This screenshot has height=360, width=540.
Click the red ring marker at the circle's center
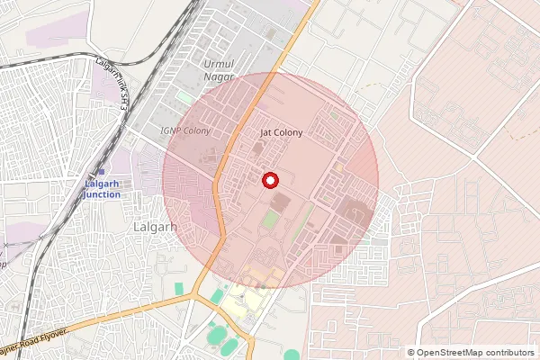tap(269, 180)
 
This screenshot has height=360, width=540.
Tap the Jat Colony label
tap(281, 132)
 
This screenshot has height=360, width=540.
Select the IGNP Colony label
tap(184, 131)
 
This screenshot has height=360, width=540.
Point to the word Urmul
tap(218, 66)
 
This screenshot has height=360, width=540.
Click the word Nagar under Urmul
tap(219, 77)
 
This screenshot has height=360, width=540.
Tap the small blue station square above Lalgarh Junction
tap(101, 171)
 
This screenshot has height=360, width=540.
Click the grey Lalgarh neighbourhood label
tap(154, 228)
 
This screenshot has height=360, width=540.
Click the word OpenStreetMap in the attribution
tap(452, 353)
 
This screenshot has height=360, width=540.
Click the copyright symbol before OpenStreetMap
tap(411, 353)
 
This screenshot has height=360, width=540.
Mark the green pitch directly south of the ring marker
tap(271, 219)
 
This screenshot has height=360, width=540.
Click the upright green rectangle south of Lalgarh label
tap(178, 288)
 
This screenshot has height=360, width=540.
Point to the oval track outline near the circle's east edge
tap(356, 213)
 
